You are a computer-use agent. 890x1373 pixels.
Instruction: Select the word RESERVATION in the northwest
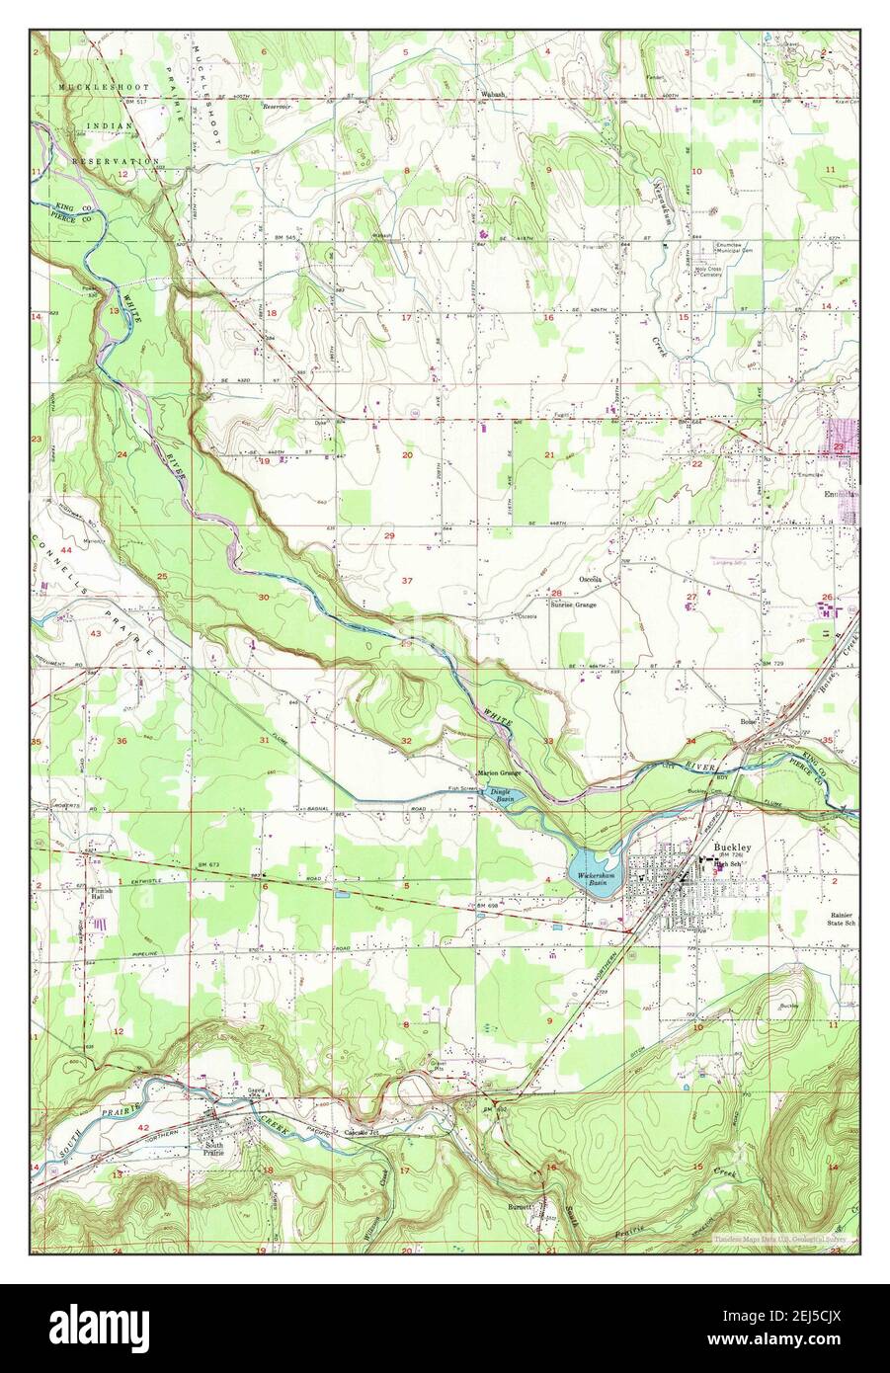[x=116, y=160]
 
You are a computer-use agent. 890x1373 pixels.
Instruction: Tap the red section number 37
[x=407, y=580]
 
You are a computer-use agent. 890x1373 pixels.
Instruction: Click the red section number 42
[x=143, y=1127]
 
